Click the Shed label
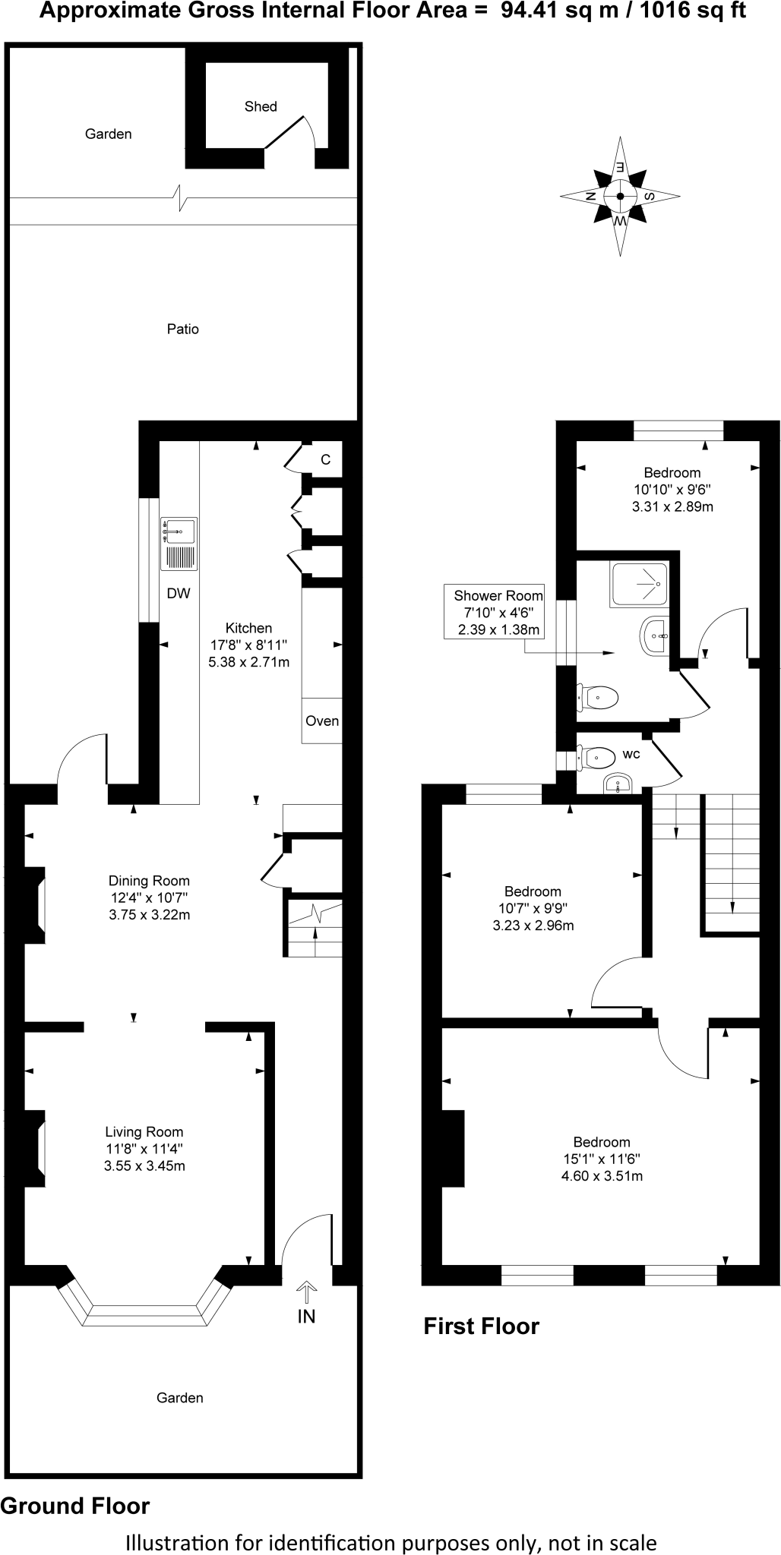[x=261, y=107]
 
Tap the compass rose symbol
[x=620, y=196]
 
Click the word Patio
[x=183, y=329]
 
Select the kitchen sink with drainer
[x=179, y=544]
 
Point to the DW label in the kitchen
[x=179, y=594]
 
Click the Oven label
[x=322, y=721]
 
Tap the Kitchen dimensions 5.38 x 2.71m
[x=249, y=662]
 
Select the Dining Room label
[x=149, y=881]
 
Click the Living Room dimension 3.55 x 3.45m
[x=144, y=1165]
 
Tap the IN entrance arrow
[x=306, y=1291]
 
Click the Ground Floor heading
[x=75, y=1506]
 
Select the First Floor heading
[x=481, y=1326]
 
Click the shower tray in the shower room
[x=638, y=585]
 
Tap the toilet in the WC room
[x=599, y=757]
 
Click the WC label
[x=631, y=754]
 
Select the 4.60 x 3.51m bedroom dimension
[x=602, y=1176]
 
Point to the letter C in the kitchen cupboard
[x=325, y=459]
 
